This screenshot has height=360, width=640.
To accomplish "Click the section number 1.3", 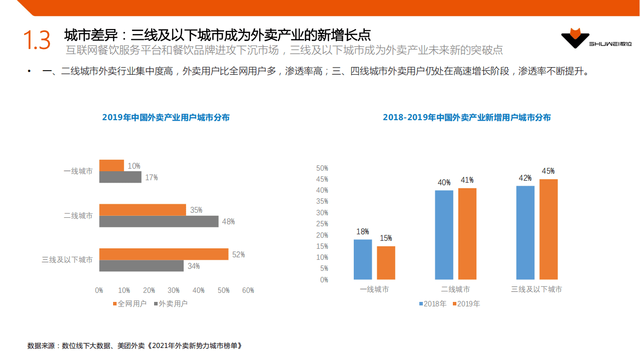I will [37, 41].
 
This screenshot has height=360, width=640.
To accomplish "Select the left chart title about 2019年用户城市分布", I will [166, 118].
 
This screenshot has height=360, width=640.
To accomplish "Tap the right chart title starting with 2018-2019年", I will [466, 118].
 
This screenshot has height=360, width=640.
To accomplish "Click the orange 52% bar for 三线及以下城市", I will [164, 254].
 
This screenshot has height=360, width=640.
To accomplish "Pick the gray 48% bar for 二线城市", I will [159, 221].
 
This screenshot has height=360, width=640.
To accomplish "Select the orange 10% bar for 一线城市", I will [112, 165].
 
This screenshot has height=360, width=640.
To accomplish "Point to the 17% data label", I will [152, 177].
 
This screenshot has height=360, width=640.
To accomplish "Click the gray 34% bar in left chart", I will [141, 266].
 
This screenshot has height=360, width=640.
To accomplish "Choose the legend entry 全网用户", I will [129, 303].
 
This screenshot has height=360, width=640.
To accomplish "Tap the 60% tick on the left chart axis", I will [248, 290].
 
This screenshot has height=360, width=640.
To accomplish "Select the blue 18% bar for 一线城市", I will [363, 259].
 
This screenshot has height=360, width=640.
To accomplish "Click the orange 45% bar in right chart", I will [548, 229].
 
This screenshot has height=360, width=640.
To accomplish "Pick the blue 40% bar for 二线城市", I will [444, 235].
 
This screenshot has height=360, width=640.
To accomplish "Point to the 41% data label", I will [467, 180].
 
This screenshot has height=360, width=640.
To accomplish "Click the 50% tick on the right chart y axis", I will [322, 168].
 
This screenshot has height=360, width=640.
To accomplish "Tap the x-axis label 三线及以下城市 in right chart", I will [536, 289].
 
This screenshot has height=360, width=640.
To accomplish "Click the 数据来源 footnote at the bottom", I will [135, 345].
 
